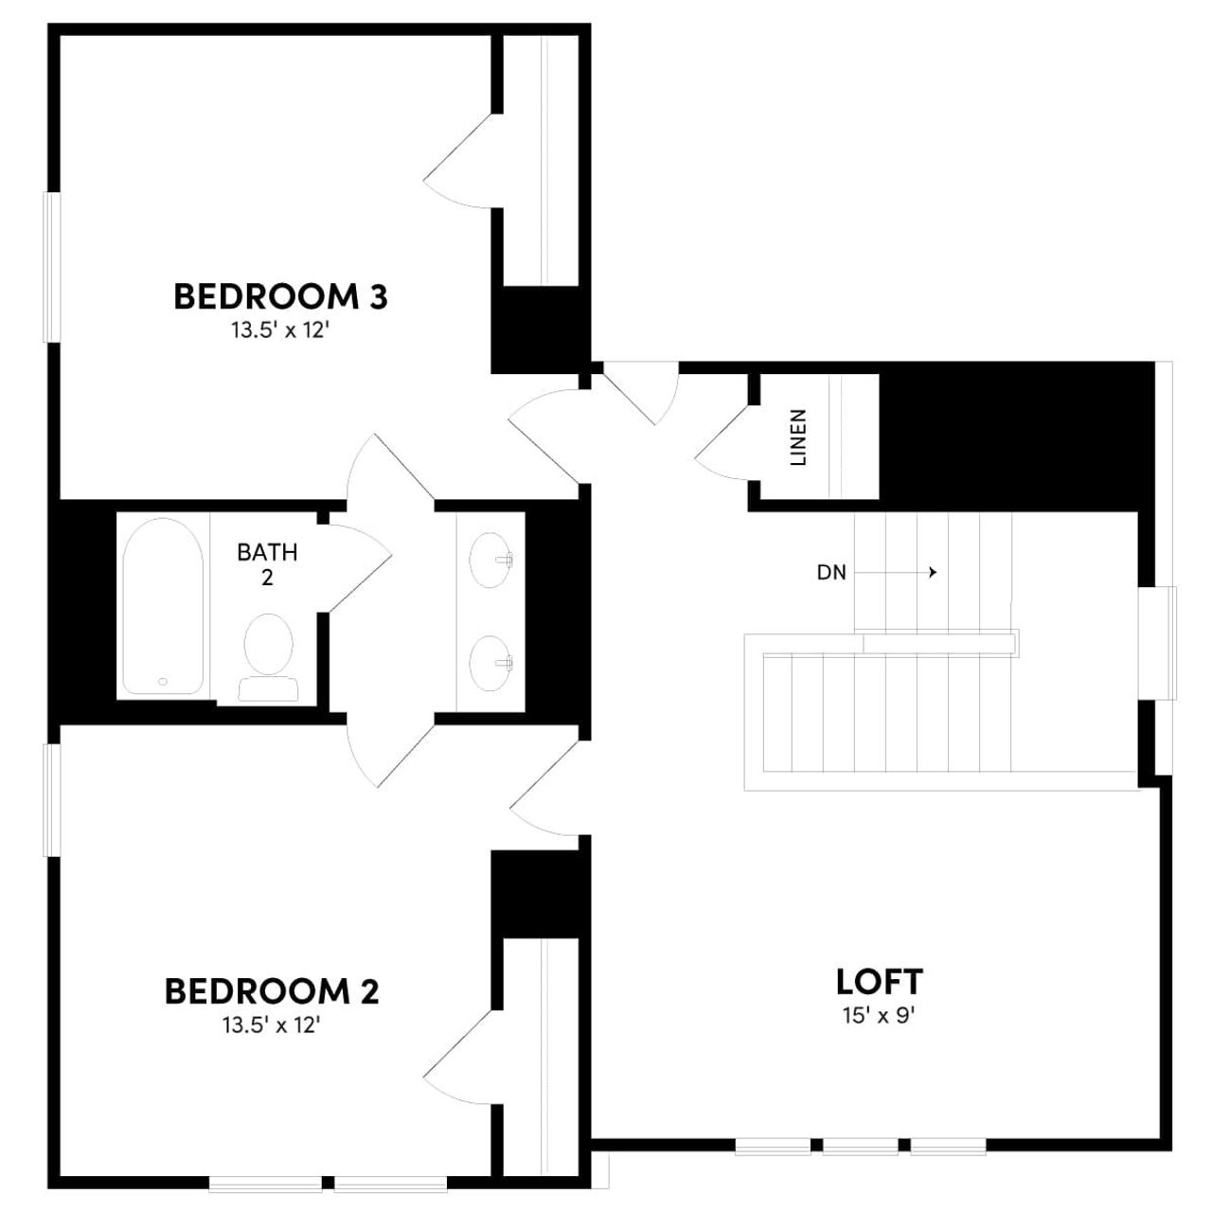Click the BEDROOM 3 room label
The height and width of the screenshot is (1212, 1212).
tap(280, 296)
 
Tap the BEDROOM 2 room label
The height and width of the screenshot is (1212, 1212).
tap(272, 991)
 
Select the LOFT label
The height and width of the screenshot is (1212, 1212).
tap(879, 981)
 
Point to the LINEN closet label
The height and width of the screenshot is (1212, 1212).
tap(798, 437)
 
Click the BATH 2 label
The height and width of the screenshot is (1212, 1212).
tap(267, 563)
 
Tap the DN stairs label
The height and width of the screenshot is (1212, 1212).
tap(831, 572)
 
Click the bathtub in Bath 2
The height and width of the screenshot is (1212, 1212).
tap(163, 606)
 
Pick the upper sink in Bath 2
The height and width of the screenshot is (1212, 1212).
tap(490, 561)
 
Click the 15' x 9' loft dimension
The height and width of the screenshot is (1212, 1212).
tap(879, 1016)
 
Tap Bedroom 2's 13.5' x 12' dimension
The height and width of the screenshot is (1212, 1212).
tap(272, 1025)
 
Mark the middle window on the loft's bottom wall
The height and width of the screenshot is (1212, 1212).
tap(860, 1147)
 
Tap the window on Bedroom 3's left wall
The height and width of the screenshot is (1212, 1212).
tap(53, 267)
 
